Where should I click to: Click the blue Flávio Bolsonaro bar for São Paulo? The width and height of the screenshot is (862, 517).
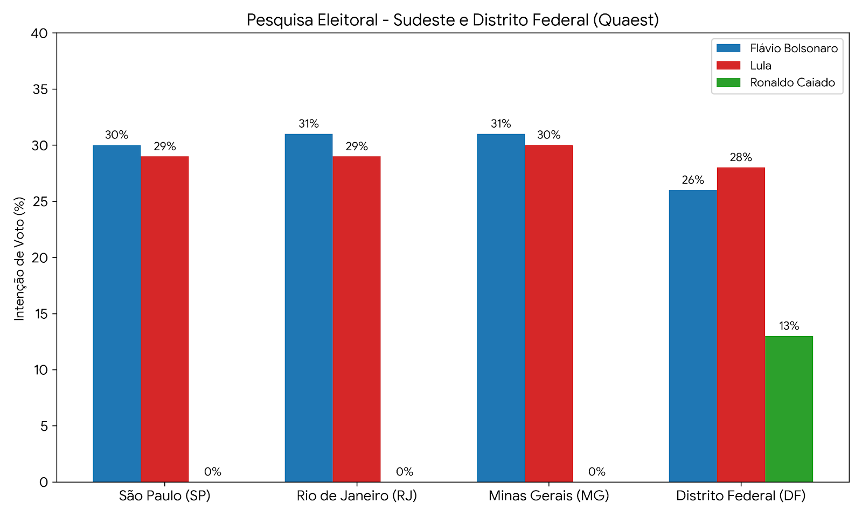pos(116,313)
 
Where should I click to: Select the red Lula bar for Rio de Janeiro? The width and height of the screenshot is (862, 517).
pos(356,319)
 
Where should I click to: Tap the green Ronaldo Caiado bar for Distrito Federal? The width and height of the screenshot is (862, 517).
pos(789,409)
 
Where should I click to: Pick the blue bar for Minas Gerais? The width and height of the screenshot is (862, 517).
pos(500,308)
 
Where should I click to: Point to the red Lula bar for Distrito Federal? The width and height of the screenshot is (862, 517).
pos(741,325)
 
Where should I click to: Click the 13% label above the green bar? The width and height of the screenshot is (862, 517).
pos(789,326)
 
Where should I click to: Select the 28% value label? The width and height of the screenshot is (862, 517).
pos(741,157)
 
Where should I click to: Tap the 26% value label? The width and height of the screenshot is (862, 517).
pos(693,180)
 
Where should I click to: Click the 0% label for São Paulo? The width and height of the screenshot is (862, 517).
pos(213,472)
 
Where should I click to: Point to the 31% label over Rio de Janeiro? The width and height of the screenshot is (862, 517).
pos(309,124)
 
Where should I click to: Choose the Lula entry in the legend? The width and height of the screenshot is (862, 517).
pos(761,65)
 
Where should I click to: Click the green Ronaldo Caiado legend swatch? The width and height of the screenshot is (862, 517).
pos(728,82)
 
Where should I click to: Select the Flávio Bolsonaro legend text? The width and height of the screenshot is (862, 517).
pos(794,48)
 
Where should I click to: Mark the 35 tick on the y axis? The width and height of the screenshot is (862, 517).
pos(54,89)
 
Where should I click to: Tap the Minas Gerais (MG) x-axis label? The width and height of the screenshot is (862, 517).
pos(549,496)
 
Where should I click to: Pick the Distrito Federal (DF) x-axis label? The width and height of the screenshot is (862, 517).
pos(741,496)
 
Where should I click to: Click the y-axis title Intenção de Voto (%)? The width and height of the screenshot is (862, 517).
pos(19,258)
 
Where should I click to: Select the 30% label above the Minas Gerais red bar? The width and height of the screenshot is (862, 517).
pos(549,135)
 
